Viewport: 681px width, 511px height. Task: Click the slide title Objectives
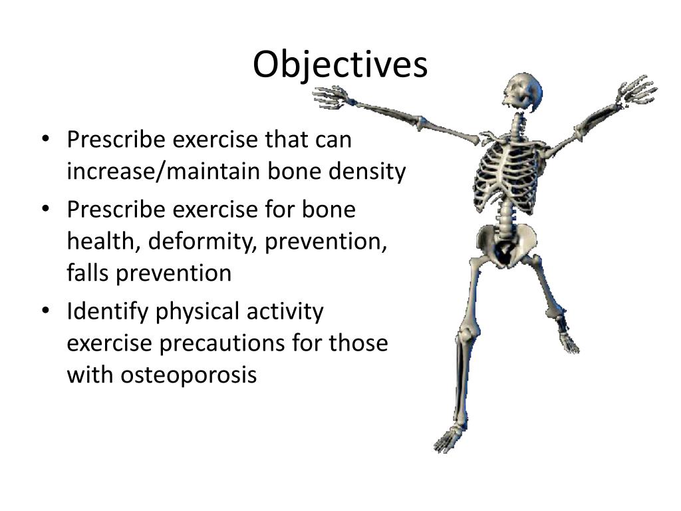pos(340,65)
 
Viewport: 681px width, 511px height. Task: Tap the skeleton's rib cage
pos(508,174)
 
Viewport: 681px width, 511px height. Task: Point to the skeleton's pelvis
pos(506,244)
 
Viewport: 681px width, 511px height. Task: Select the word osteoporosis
pos(188,375)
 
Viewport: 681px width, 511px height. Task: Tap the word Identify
pos(107,311)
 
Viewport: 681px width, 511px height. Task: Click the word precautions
pos(221,343)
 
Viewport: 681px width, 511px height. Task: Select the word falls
pos(87,273)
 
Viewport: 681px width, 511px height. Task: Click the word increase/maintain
pos(164,171)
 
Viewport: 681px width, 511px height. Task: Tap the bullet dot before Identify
pos(46,311)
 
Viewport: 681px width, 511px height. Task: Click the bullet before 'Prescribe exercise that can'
pos(46,140)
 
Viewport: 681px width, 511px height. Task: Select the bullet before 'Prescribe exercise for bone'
pos(46,210)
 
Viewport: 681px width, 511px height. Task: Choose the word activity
pos(285,311)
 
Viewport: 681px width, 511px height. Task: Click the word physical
pos(197,311)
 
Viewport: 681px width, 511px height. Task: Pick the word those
pos(358,343)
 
